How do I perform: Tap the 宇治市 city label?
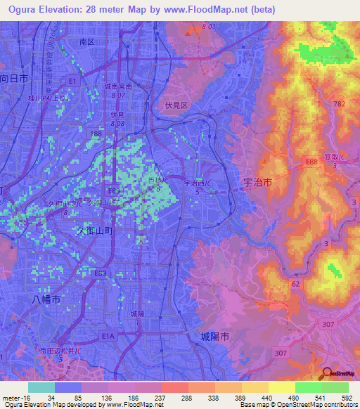click(x=257, y=183)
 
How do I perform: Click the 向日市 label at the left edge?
click(x=14, y=79)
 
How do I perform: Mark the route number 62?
click(x=296, y=284)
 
